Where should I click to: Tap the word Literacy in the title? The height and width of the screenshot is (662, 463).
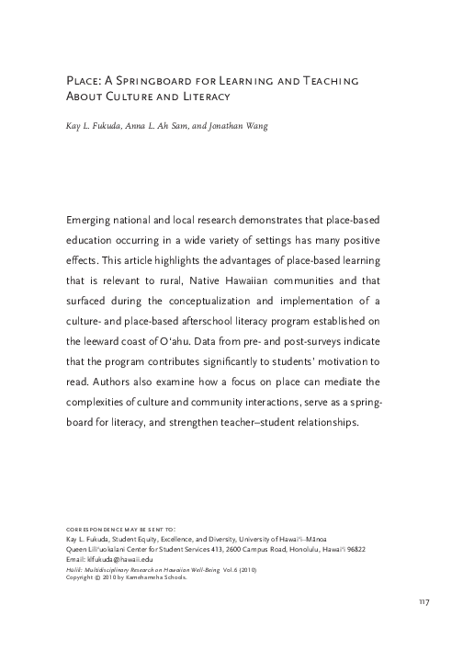point(201,96)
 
